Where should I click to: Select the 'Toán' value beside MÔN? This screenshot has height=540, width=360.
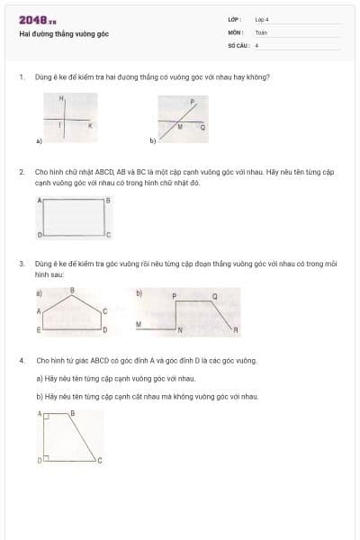click(x=261, y=31)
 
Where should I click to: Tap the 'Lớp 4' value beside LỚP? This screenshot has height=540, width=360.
click(x=262, y=19)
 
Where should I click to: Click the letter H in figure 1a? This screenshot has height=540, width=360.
click(x=61, y=96)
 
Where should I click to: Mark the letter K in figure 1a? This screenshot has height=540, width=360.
click(x=89, y=126)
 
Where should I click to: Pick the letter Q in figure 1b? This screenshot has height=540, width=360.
click(x=202, y=128)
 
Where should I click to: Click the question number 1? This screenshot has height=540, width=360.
click(x=21, y=76)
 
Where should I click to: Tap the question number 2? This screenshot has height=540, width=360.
click(x=21, y=169)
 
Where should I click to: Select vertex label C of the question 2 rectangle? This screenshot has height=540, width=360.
click(x=108, y=235)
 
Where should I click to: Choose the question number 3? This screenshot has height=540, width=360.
click(x=21, y=263)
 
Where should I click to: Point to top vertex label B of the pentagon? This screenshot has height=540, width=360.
click(x=72, y=290)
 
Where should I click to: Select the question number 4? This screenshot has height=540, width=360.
click(x=21, y=360)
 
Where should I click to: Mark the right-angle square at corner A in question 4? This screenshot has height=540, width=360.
click(x=45, y=415)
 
